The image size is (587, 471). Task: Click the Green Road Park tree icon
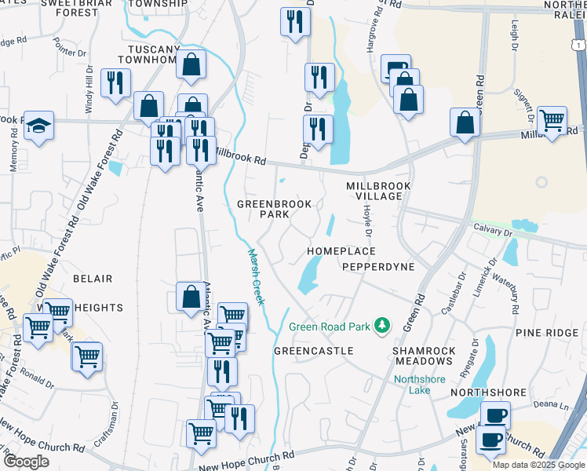click(x=382, y=325)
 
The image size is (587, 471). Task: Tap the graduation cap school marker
click(x=37, y=126)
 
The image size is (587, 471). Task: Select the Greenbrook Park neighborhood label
click(x=275, y=209)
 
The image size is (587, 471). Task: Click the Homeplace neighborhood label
click(x=341, y=251)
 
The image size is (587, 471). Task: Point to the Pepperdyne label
click(x=378, y=267)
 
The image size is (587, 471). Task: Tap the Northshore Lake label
click(x=419, y=383)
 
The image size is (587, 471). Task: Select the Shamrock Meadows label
click(x=424, y=355)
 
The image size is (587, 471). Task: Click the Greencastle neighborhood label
click(x=313, y=351)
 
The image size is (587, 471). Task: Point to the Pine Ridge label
click(x=546, y=334)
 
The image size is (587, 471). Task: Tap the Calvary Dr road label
click(x=492, y=230)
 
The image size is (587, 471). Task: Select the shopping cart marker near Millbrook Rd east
click(x=552, y=120)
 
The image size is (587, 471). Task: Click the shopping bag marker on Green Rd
click(x=465, y=122)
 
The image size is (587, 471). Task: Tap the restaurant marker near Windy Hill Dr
click(x=115, y=82)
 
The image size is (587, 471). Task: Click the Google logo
click(x=26, y=462)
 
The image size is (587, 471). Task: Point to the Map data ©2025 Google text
click(x=538, y=465)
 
